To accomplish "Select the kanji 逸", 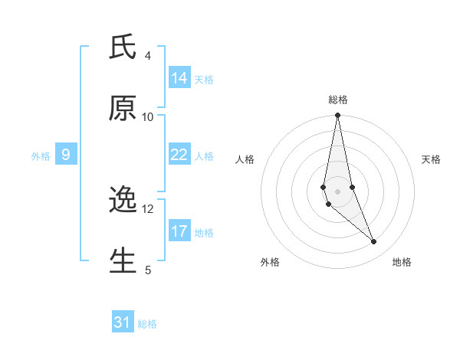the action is (123, 200).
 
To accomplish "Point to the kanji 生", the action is (123, 260).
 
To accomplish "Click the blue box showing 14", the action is (179, 77).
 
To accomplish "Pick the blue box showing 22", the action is (179, 155).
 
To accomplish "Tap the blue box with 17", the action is (179, 231).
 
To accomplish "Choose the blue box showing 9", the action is (66, 155).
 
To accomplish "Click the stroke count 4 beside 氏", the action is (148, 56).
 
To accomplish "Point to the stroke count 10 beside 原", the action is (148, 117).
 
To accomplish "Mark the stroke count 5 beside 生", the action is (148, 270).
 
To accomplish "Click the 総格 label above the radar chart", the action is (338, 100).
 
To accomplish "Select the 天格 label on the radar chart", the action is (431, 159).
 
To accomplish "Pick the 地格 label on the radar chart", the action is (402, 262).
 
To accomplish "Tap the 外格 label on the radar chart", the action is (270, 262).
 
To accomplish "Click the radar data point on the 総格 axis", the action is (337, 116).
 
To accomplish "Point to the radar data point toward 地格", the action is (374, 242).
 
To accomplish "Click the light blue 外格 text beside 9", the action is (41, 156).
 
